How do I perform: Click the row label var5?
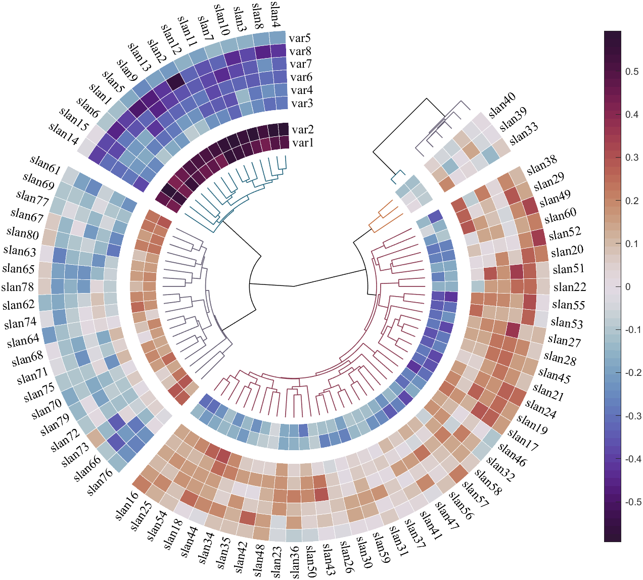click(300, 38)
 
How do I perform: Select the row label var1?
click(303, 142)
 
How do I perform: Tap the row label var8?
click(300, 51)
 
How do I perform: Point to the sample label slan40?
click(502, 106)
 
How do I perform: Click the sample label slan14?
click(64, 133)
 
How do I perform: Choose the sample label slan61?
click(45, 165)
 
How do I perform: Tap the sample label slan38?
click(542, 165)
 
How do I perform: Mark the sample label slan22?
click(570, 287)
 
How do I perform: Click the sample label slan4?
click(275, 15)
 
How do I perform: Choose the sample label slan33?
click(524, 134)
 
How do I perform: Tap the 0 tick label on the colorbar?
click(628, 287)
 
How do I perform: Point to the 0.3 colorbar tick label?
click(632, 157)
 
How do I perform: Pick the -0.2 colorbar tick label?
click(633, 373)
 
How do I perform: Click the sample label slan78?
click(17, 287)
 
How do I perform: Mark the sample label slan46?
click(512, 455)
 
